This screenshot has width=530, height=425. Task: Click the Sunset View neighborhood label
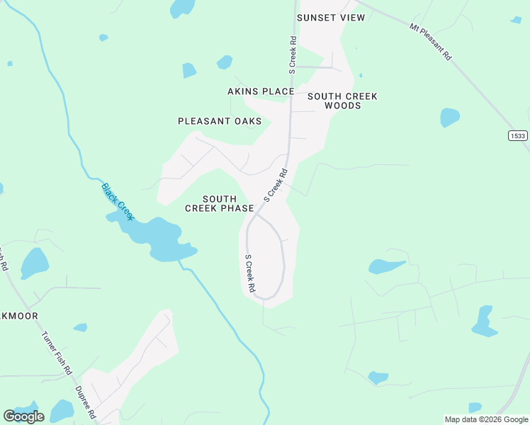click(x=331, y=18)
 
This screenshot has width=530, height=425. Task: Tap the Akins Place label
click(x=261, y=91)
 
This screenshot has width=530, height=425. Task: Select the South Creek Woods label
click(x=342, y=101)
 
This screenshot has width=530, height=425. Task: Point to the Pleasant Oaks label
click(x=220, y=121)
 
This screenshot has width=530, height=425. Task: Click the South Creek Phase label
click(x=220, y=203)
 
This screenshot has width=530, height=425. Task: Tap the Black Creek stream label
click(x=118, y=201)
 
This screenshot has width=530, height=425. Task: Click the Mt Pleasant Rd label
click(x=431, y=41)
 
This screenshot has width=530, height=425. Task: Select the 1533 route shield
click(x=518, y=135)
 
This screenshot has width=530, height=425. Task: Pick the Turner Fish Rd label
click(x=57, y=353)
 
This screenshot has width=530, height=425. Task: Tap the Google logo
click(x=24, y=416)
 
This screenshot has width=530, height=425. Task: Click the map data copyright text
click(x=487, y=419)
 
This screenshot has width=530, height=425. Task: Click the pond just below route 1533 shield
click(x=449, y=117)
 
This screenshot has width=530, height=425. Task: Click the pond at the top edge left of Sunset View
click(x=182, y=8)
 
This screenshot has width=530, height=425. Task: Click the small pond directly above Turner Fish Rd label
click(x=80, y=327)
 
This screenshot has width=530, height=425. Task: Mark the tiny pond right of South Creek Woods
click(x=361, y=75)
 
